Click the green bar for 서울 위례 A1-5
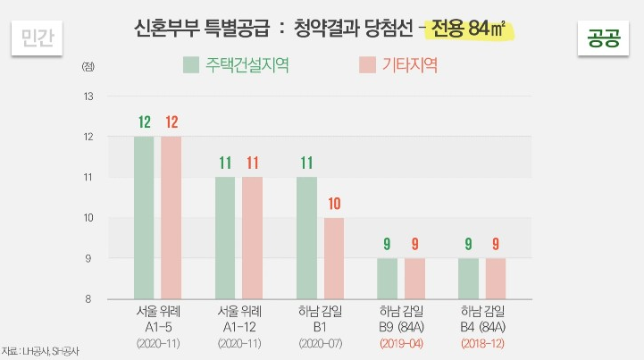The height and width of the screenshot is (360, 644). (144, 217)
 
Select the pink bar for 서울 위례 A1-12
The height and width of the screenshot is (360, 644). (253, 237)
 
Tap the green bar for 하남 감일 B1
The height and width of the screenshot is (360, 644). (306, 237)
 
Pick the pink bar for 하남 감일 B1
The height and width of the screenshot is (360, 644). (334, 257)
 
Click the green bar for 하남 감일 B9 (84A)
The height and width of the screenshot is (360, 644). (388, 278)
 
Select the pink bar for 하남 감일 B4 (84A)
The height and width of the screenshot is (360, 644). (497, 278)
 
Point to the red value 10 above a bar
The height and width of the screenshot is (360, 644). (334, 204)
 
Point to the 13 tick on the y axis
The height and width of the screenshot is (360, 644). (88, 96)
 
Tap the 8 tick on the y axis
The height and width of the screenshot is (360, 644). (89, 298)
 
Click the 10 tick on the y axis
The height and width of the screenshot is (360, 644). (88, 217)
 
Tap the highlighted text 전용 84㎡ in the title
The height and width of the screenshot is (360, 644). (470, 29)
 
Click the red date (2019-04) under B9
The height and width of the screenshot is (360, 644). (402, 342)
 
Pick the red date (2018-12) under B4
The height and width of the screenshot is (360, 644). (482, 342)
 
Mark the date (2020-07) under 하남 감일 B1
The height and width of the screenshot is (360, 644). (320, 342)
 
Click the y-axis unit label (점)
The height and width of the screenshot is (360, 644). (87, 67)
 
